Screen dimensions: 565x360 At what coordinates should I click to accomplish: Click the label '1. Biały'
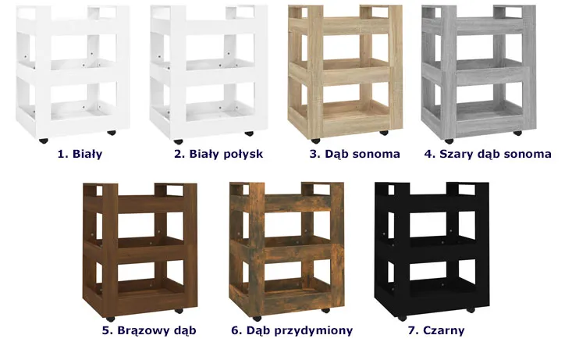[80, 154]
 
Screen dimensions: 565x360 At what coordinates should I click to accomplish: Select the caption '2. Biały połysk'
[219, 154]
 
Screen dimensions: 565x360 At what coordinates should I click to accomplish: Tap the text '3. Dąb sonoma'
[355, 154]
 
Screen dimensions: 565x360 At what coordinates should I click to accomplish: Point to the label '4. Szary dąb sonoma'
[488, 154]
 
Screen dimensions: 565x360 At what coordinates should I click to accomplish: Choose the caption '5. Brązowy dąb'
[149, 330]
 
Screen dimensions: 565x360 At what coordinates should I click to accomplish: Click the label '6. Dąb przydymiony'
[292, 330]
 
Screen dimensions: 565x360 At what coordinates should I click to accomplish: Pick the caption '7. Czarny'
[436, 330]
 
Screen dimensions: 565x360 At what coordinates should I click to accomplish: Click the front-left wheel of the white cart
[44, 141]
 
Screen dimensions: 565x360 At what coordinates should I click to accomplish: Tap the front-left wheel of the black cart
[402, 318]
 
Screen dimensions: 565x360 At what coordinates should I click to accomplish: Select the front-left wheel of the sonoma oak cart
[315, 141]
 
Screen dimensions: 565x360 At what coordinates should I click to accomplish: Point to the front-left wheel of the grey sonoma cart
[449, 141]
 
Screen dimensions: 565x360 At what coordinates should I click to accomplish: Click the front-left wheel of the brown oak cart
[110, 319]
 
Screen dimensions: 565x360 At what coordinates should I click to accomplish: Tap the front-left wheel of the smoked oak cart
[257, 319]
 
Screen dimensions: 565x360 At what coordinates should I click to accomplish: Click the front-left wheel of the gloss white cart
[178, 141]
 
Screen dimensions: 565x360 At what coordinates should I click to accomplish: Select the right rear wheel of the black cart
[471, 310]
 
